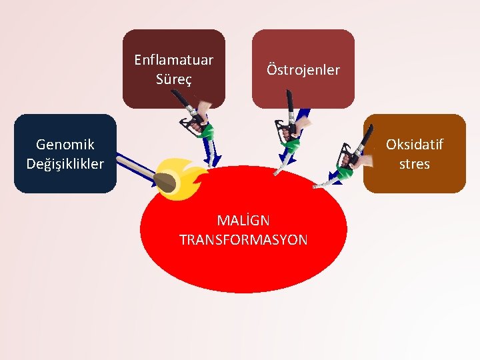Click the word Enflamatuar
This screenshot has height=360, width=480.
pos(173,60)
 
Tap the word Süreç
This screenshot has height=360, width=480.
pos(173,79)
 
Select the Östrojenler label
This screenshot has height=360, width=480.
pos(303,69)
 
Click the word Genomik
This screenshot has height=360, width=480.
pos(65,144)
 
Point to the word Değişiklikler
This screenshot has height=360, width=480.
pos(65,163)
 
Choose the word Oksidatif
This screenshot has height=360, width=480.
pos(415,145)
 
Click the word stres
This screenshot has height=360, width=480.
pos(415,163)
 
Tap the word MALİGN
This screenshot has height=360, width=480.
pos(243,220)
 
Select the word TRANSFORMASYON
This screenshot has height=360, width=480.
pos(243,240)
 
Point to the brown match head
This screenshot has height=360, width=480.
pos(165,181)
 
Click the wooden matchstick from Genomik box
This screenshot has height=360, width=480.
pos(133,167)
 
